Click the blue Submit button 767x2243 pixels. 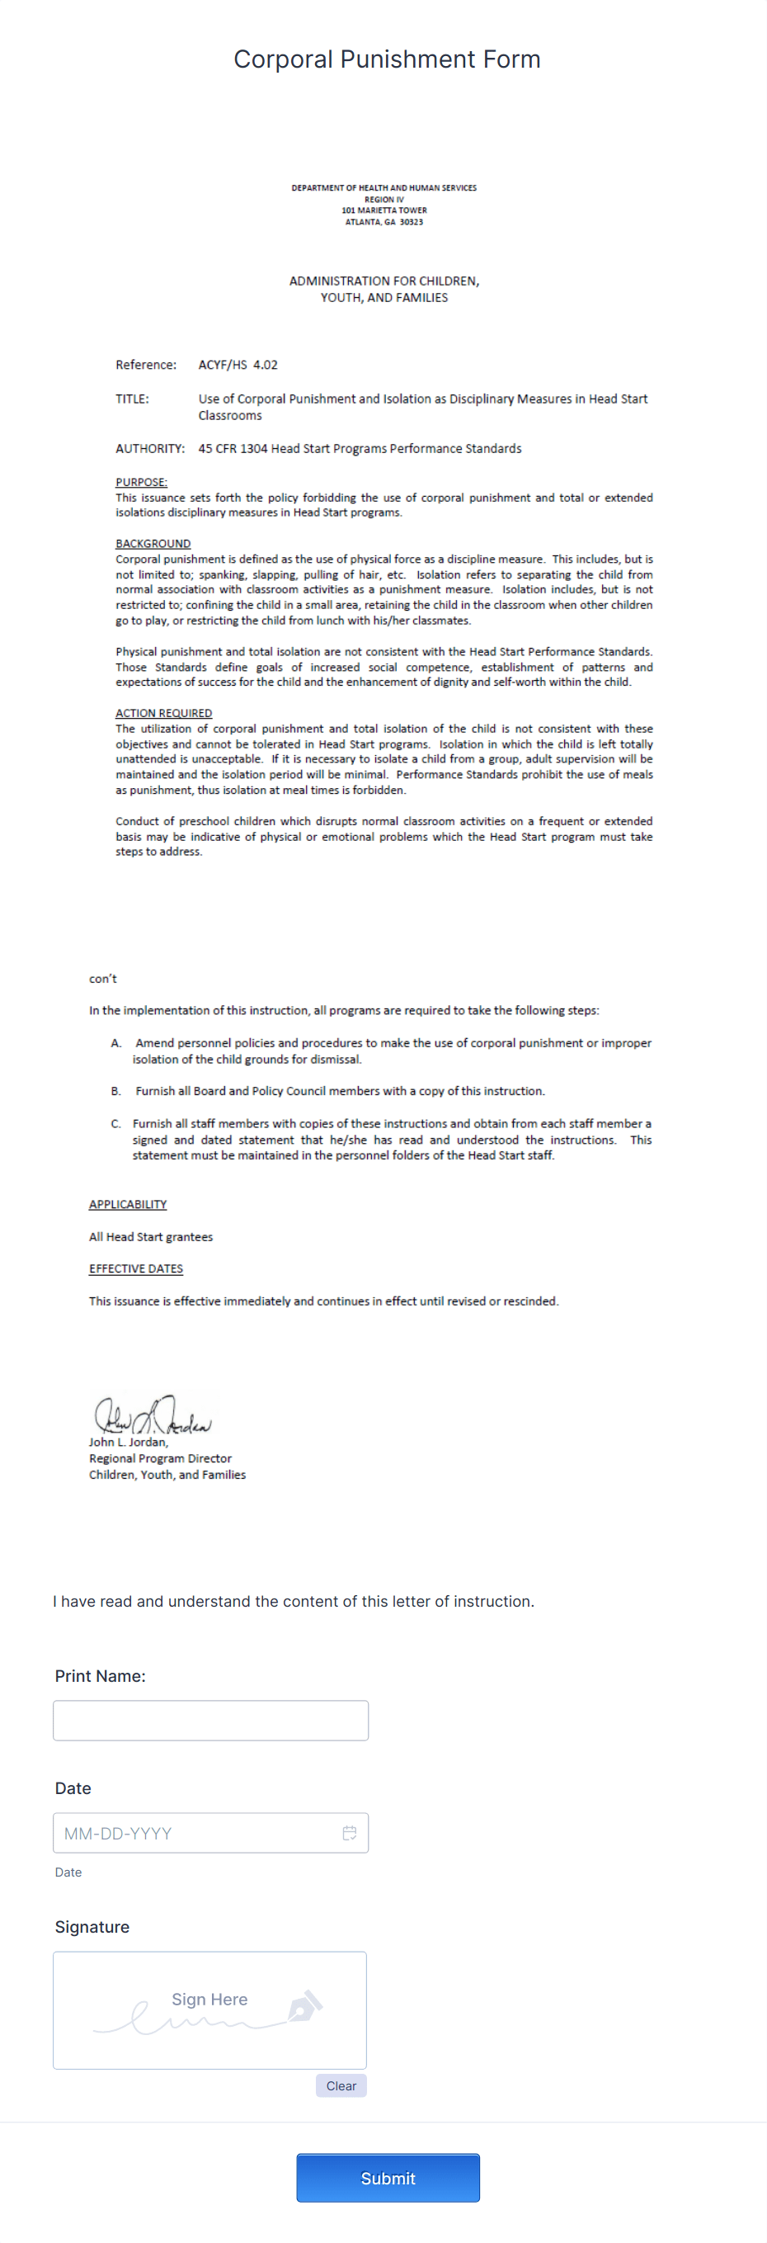point(388,2178)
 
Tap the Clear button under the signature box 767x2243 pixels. point(341,2085)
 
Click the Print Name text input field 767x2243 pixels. point(209,1720)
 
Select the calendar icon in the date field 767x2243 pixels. point(349,1833)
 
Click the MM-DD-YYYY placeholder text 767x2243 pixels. point(118,1833)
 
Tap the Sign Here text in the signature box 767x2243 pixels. point(209,2000)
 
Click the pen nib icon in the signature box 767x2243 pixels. point(304,2006)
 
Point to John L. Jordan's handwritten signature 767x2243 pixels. point(153,1416)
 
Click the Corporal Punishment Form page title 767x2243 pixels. point(387,59)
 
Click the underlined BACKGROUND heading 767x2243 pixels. point(153,543)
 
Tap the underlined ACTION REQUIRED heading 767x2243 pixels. point(163,713)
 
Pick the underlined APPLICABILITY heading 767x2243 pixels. point(127,1204)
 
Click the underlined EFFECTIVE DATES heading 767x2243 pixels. point(136,1268)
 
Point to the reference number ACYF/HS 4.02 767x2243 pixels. point(238,365)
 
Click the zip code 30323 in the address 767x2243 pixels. point(411,222)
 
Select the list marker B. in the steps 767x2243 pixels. point(115,1091)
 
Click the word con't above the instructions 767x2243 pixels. point(103,979)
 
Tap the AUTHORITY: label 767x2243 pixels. point(150,448)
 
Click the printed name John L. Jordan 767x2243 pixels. point(128,1442)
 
